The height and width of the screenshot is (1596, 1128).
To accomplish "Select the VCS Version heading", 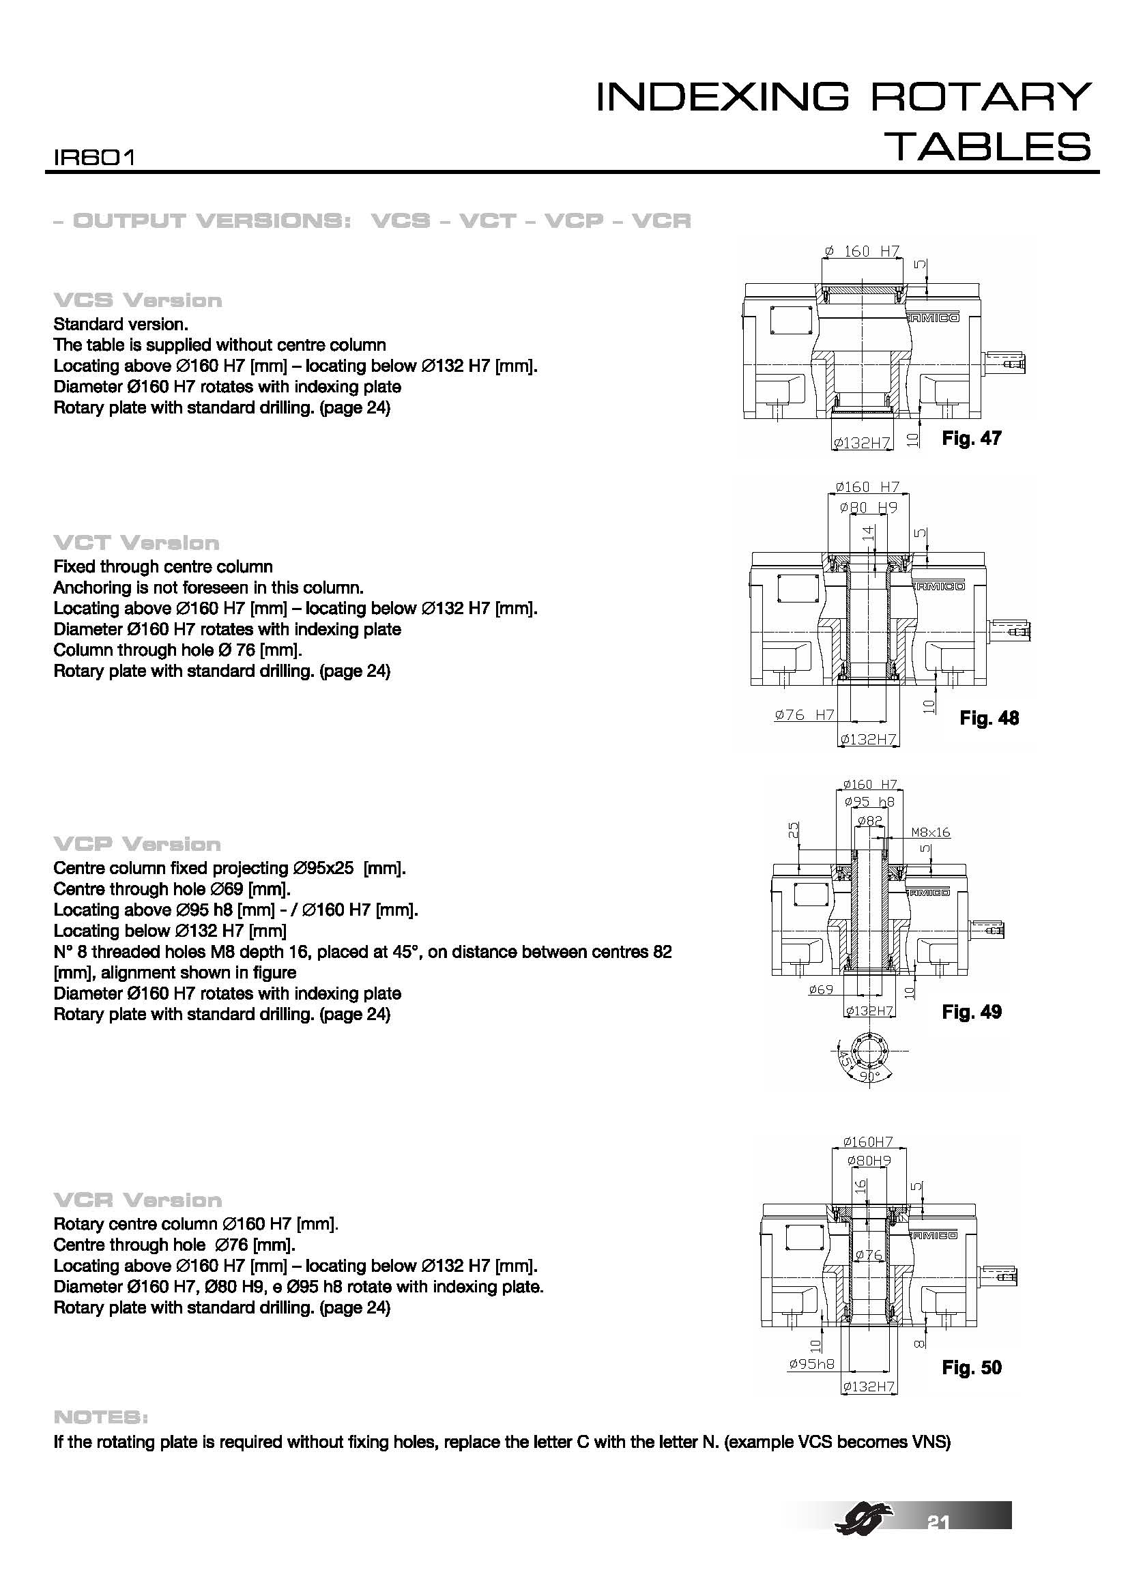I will point(138,301).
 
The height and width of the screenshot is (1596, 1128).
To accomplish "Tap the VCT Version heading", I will point(136,543).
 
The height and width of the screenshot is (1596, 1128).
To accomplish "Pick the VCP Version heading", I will point(137,845).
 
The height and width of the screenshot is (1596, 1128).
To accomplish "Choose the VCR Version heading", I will point(138,1200).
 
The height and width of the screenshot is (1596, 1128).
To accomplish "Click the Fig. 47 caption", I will point(971,438).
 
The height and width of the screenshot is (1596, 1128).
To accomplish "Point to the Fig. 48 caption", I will point(989,718).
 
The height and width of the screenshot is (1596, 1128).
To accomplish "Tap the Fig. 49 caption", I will point(971,1012).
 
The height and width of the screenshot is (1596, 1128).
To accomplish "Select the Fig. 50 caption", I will point(971,1368).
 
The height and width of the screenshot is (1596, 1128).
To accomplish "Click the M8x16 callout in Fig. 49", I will point(930,832).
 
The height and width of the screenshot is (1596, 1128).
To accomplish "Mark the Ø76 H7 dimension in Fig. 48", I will point(804,714).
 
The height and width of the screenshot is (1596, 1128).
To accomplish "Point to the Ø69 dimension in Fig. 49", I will point(820,989).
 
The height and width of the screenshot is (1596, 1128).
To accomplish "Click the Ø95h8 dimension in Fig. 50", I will point(811,1365).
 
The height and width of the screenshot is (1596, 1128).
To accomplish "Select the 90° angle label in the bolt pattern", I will point(869,1077).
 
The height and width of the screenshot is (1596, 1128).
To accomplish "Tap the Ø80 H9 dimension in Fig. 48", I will point(868,508).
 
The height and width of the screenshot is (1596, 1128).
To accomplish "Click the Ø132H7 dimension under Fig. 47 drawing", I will point(862,443).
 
